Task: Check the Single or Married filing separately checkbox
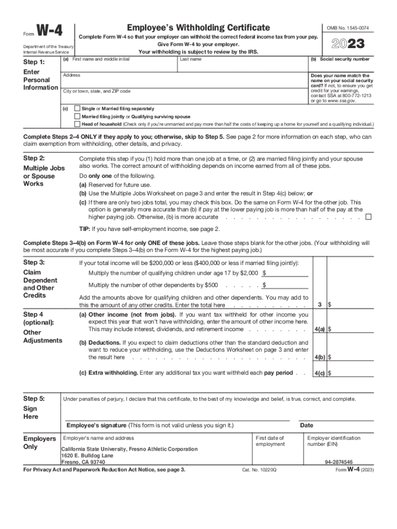[77, 109]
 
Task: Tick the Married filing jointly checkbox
[77, 117]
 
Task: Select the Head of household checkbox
[77, 125]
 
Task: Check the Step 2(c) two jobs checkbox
[368, 217]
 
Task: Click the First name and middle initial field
[119, 66]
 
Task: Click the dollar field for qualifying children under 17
[287, 273]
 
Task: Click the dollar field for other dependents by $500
[287, 285]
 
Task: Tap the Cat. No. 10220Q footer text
[259, 470]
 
